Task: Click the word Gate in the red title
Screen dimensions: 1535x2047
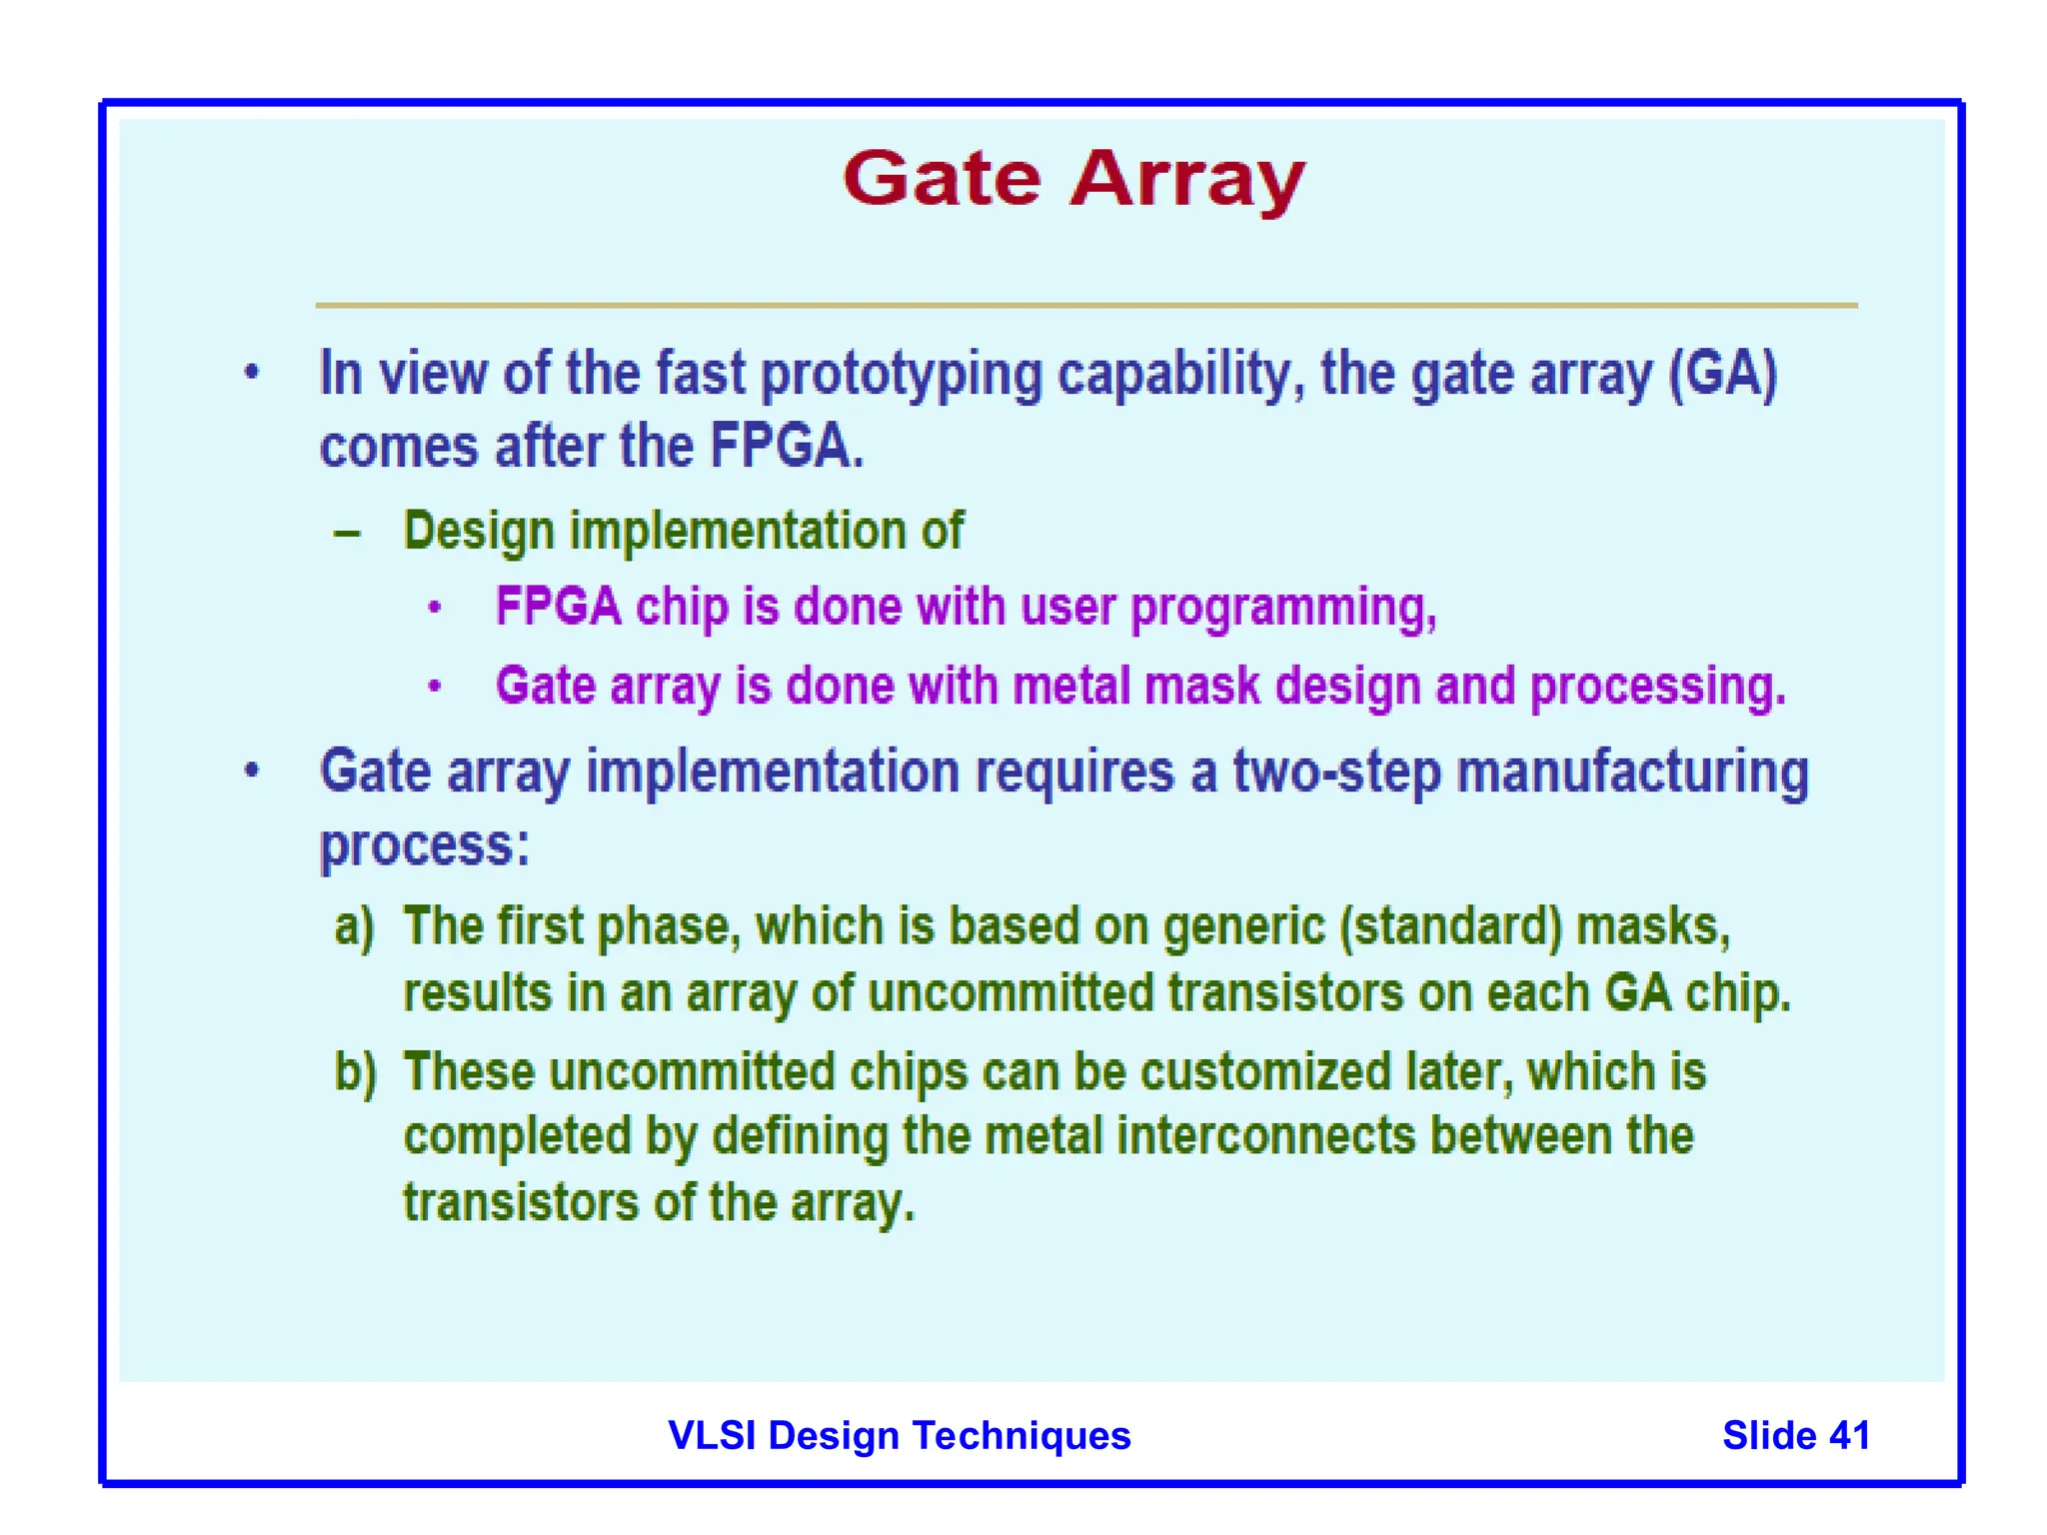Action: point(942,180)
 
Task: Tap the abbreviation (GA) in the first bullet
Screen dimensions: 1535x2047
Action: point(1723,375)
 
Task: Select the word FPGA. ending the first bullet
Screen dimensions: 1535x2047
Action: point(787,446)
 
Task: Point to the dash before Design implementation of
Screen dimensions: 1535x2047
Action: point(347,534)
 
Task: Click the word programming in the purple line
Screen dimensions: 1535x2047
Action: point(1282,608)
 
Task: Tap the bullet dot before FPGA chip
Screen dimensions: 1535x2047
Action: point(434,608)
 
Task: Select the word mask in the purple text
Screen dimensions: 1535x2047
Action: point(1202,687)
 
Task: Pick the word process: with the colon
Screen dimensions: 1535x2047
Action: point(424,846)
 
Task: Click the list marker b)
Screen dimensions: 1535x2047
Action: point(356,1072)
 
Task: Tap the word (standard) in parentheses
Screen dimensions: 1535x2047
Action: point(1449,926)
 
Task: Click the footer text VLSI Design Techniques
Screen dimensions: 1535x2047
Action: point(899,1435)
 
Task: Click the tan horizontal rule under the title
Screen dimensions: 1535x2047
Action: point(1086,305)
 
